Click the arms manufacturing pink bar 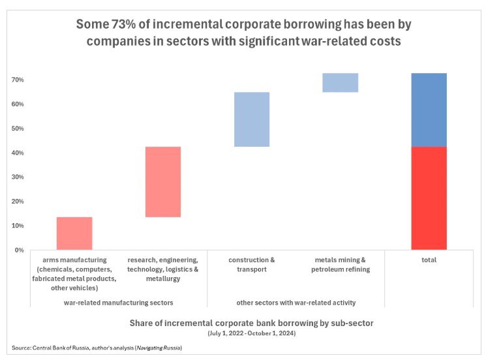74,233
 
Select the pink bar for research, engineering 163,182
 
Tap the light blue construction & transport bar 252,119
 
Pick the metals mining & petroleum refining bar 341,83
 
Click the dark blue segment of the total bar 429,110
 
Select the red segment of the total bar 429,198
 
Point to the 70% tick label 18,80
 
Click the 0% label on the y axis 19,250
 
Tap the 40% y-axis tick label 18,153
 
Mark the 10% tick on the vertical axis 18,226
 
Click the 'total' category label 429,260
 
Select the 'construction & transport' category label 252,265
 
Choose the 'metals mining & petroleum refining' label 341,265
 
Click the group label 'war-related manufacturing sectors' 118,303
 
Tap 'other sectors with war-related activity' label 296,303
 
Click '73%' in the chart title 123,24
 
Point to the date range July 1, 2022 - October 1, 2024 252,333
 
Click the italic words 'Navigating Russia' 159,348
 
